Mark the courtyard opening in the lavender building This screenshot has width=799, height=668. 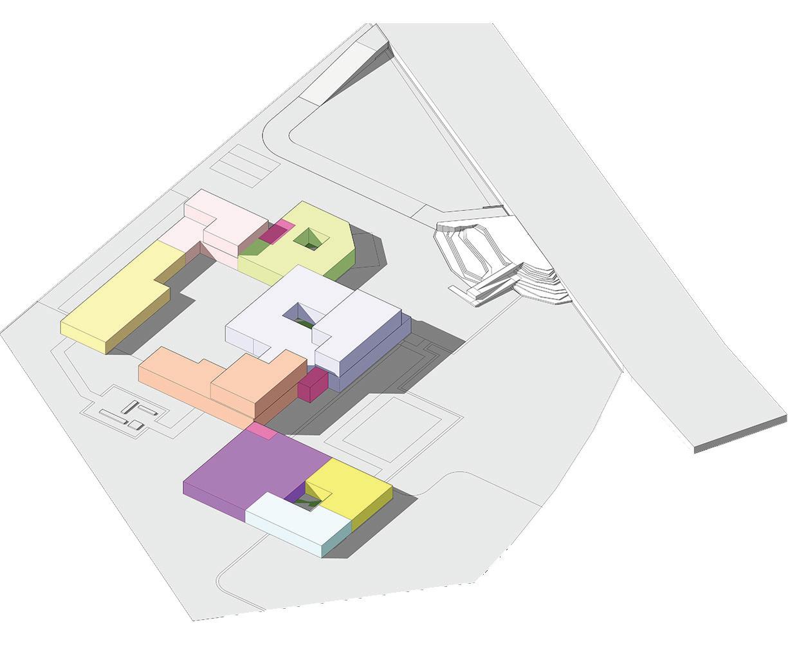(300, 316)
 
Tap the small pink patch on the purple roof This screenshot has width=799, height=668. (262, 431)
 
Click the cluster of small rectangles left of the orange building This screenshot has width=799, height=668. (132, 415)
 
